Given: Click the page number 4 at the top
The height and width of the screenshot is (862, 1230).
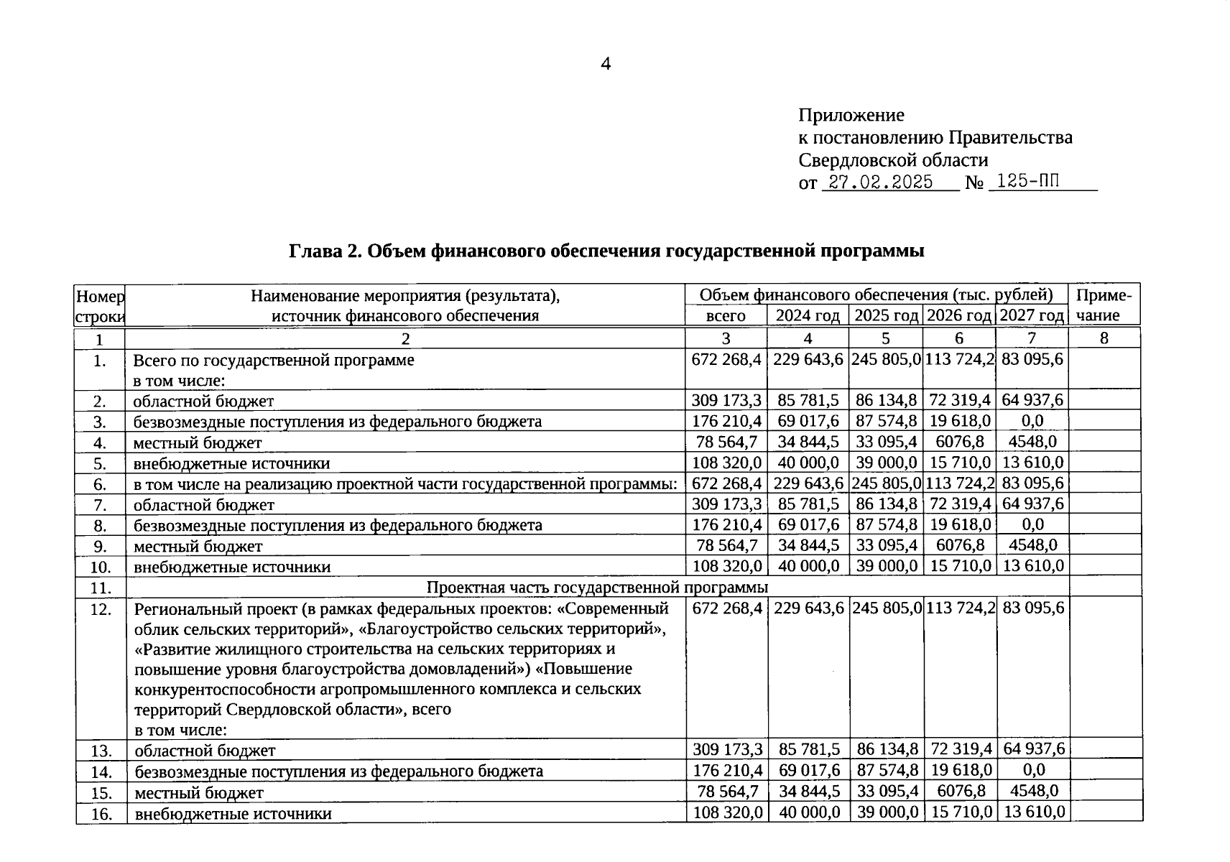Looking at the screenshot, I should tap(606, 65).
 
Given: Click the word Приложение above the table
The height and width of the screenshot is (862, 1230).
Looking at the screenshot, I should tap(851, 115).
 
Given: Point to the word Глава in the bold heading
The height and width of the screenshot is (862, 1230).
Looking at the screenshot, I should tap(315, 251).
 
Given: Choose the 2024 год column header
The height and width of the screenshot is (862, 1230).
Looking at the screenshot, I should tap(808, 315).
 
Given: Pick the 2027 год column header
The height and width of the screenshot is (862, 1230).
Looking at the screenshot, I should tap(1032, 315).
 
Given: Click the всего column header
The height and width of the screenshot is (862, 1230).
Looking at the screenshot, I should tap(726, 315).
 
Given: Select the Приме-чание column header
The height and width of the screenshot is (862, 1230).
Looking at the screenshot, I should tap(1104, 305).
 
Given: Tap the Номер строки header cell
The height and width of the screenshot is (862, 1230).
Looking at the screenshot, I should tap(100, 306).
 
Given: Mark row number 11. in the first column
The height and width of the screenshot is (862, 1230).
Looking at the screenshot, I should tap(101, 588).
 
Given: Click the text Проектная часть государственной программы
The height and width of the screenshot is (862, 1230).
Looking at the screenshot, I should tap(597, 588).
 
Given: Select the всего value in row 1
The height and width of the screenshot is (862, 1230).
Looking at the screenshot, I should tap(726, 359).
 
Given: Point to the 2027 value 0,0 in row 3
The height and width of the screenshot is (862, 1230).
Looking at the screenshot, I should tap(1032, 421).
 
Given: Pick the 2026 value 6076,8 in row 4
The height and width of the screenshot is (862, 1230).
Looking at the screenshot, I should tap(960, 442).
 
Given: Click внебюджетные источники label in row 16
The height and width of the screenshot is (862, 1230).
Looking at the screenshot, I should tap(233, 814).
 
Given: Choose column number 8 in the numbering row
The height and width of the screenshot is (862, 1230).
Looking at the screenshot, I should tap(1104, 338).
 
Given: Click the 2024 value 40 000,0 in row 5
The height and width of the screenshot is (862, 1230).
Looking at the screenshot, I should tap(808, 463).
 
